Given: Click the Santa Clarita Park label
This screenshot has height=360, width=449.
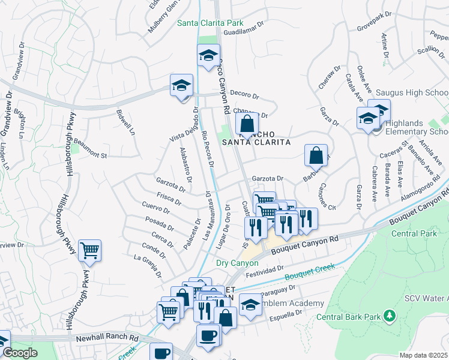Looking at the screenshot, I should tap(210, 23).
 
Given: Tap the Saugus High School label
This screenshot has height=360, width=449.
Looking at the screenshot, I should tap(411, 93).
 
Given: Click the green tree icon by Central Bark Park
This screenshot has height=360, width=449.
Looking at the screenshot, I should tap(389, 315).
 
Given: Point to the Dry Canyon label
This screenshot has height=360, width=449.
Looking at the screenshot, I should tap(237, 263).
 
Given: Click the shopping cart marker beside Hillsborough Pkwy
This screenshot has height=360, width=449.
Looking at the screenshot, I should tap(89, 250).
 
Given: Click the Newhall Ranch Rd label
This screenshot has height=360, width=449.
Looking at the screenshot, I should tap(107, 338).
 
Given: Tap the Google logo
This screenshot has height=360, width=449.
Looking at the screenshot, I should tap(20, 353).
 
